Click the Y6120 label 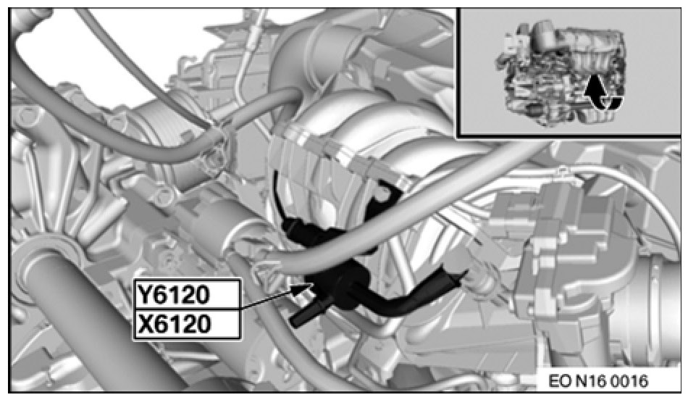point(173,295)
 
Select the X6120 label point(173,325)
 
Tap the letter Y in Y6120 point(145,295)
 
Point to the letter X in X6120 point(145,325)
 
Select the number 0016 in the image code point(630,381)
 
